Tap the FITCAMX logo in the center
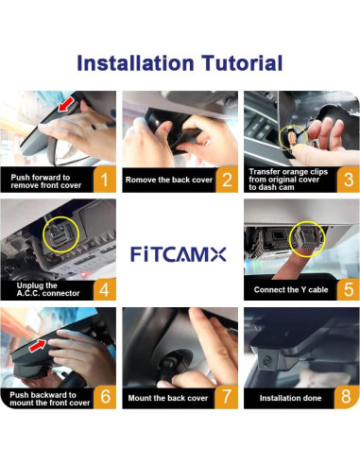(x=180, y=252)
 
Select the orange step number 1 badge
(x=106, y=179)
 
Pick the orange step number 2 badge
(x=227, y=179)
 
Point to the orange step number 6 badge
(x=106, y=396)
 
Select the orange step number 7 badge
(x=227, y=396)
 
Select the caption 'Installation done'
(x=290, y=398)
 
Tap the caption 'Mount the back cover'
(x=168, y=398)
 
